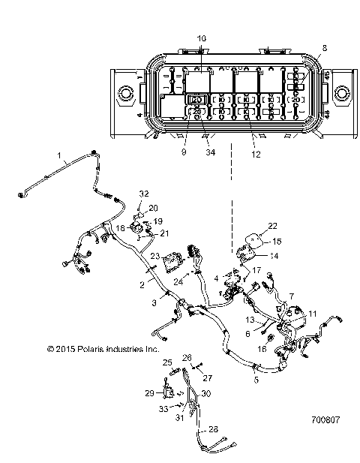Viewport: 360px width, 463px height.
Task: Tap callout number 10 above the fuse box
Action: [201, 38]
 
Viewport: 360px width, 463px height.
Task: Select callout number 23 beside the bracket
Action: [154, 257]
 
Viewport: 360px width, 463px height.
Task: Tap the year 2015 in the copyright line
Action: [61, 349]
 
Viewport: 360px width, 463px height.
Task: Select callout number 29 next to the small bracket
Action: [149, 393]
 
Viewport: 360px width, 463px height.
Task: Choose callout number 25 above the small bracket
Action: [167, 362]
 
